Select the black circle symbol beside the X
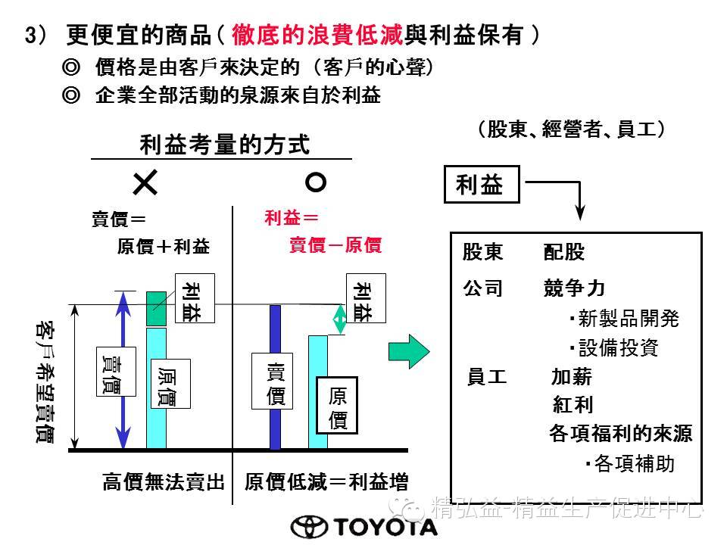315,182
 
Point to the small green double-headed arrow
340,320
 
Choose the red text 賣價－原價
335,245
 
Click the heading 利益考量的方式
225,145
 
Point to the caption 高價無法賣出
164,482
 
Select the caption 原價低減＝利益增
321,482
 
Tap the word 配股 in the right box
564,253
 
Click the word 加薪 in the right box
573,377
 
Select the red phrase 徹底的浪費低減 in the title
318,35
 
